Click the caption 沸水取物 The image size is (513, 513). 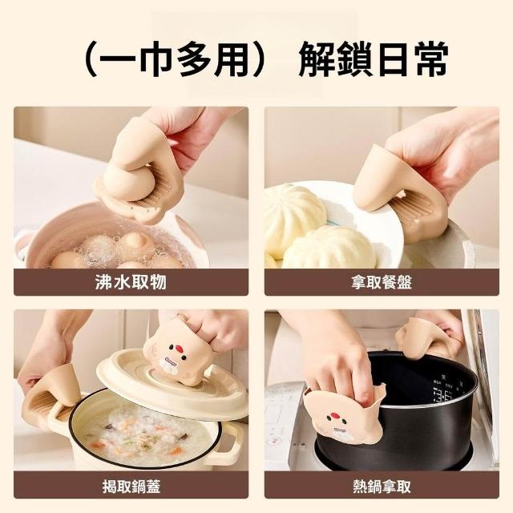[131, 282]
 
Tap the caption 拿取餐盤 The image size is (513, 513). [382, 282]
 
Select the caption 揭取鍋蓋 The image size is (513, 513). [131, 487]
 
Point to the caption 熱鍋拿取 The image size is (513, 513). [382, 487]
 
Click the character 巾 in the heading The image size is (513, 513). [156, 59]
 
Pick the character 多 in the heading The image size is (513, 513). [194, 59]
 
